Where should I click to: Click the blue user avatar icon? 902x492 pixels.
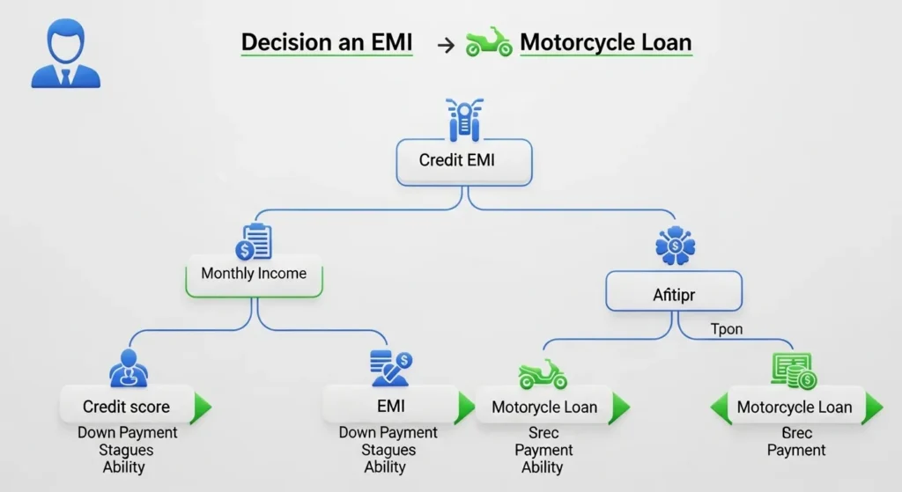(x=65, y=56)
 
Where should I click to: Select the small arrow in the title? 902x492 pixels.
(x=446, y=45)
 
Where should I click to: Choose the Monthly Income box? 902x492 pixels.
(x=254, y=274)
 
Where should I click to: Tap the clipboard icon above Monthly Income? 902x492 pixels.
(x=254, y=240)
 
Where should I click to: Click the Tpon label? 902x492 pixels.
(x=727, y=329)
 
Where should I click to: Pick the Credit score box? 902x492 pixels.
(x=126, y=407)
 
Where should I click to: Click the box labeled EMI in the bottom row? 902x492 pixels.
(x=388, y=407)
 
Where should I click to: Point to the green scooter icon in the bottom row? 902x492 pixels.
(x=543, y=373)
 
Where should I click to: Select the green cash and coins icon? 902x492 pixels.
(x=794, y=371)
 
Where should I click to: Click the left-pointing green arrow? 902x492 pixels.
(x=721, y=408)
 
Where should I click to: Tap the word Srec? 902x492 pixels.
(x=543, y=433)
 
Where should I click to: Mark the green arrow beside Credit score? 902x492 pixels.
(x=202, y=407)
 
